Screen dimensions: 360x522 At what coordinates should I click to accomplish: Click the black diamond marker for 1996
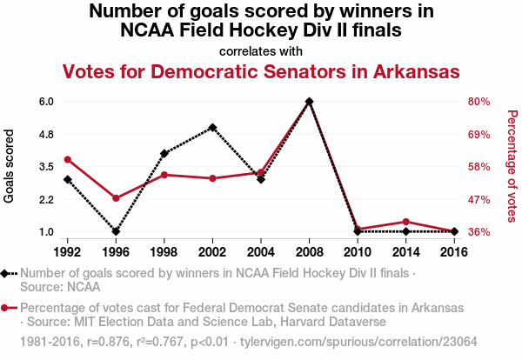pyautogui.click(x=116, y=231)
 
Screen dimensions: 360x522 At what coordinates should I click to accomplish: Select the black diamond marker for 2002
pyautogui.click(x=212, y=127)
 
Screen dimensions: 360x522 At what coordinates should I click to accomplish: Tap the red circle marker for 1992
pyautogui.click(x=67, y=159)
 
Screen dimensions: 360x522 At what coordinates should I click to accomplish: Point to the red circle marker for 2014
pyautogui.click(x=406, y=222)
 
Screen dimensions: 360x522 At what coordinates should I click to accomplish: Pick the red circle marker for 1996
pyautogui.click(x=116, y=198)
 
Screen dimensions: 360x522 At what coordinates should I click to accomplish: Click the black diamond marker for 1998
pyautogui.click(x=164, y=153)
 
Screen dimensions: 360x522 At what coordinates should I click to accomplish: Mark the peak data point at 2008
pyautogui.click(x=309, y=101)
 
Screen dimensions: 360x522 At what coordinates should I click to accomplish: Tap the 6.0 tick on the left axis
pyautogui.click(x=46, y=101)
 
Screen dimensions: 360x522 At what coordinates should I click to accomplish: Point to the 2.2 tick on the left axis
pyautogui.click(x=46, y=199)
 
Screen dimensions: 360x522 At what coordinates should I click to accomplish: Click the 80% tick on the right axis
pyautogui.click(x=480, y=101)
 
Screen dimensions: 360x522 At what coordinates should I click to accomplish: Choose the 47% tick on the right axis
pyautogui.click(x=480, y=199)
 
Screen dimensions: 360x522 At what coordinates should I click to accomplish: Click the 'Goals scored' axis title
pyautogui.click(x=10, y=166)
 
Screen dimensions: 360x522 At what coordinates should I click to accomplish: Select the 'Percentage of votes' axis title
pyautogui.click(x=512, y=166)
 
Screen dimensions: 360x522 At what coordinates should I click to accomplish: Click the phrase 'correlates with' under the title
pyautogui.click(x=261, y=50)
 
